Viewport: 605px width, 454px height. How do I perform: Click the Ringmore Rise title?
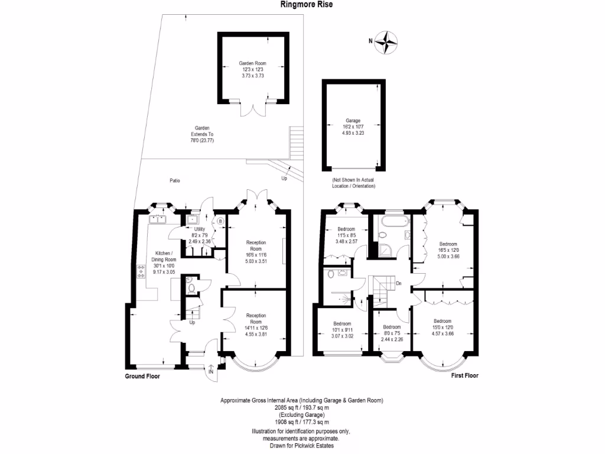click(x=302, y=5)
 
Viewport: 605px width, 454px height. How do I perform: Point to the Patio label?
click(x=173, y=181)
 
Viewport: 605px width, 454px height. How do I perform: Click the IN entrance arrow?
click(x=211, y=370)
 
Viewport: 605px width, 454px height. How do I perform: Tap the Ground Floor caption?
click(x=142, y=376)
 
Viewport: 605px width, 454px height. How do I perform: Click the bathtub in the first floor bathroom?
click(x=392, y=223)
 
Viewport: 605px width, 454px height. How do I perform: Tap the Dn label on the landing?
click(x=399, y=283)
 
